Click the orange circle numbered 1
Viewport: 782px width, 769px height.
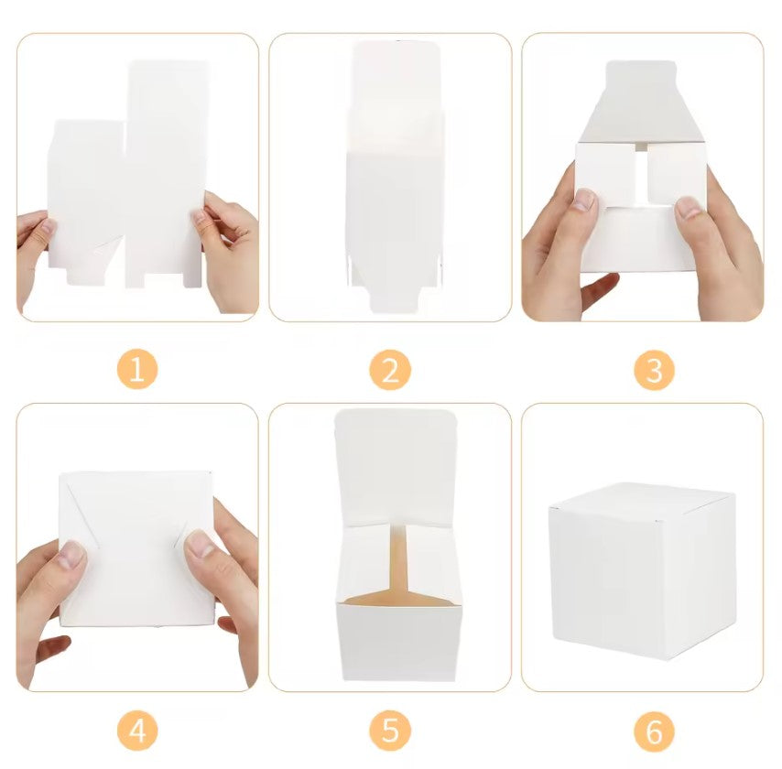click(137, 370)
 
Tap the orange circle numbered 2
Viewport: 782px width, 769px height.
click(390, 370)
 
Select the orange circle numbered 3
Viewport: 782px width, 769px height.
click(653, 370)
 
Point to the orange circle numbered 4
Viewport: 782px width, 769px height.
click(137, 731)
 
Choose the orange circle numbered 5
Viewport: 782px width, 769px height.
click(390, 731)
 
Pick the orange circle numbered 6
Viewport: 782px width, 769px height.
click(653, 731)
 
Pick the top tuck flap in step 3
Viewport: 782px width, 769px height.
click(641, 101)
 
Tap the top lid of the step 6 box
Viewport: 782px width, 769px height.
click(641, 498)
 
